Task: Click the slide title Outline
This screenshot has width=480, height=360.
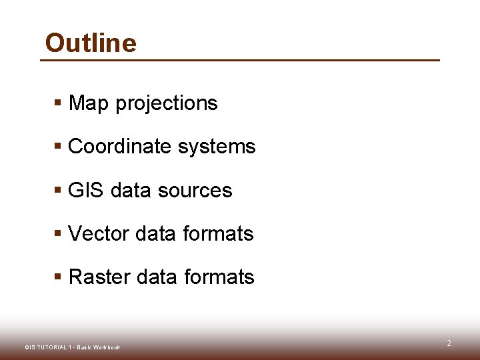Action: click(x=91, y=43)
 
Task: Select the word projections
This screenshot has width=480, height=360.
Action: click(x=167, y=104)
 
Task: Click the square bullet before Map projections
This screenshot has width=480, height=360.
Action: click(x=58, y=103)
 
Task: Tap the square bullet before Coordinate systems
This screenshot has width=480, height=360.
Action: click(x=58, y=147)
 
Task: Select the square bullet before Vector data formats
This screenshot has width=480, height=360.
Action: click(x=58, y=234)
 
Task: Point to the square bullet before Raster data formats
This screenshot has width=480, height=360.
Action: click(x=58, y=277)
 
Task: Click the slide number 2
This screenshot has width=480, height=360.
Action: click(x=449, y=343)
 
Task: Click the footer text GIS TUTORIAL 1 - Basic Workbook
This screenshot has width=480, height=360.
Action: click(x=72, y=347)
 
